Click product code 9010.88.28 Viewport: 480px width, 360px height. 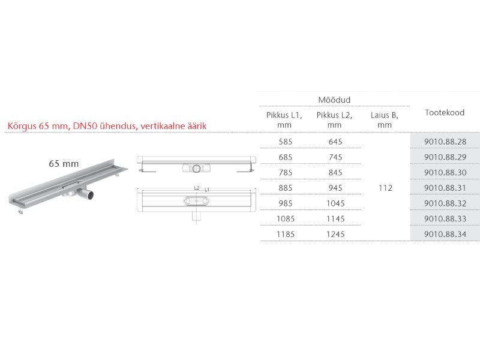(445, 142)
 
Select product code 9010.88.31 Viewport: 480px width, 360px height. (445, 188)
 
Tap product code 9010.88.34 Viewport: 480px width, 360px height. (445, 234)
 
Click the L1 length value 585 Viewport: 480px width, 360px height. (286, 142)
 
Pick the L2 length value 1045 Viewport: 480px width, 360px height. (335, 203)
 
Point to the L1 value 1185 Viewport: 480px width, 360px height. (286, 234)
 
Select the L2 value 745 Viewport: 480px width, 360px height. (335, 157)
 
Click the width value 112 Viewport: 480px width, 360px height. (385, 188)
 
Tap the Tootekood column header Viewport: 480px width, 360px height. (445, 113)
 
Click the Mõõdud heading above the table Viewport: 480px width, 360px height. (334, 100)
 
